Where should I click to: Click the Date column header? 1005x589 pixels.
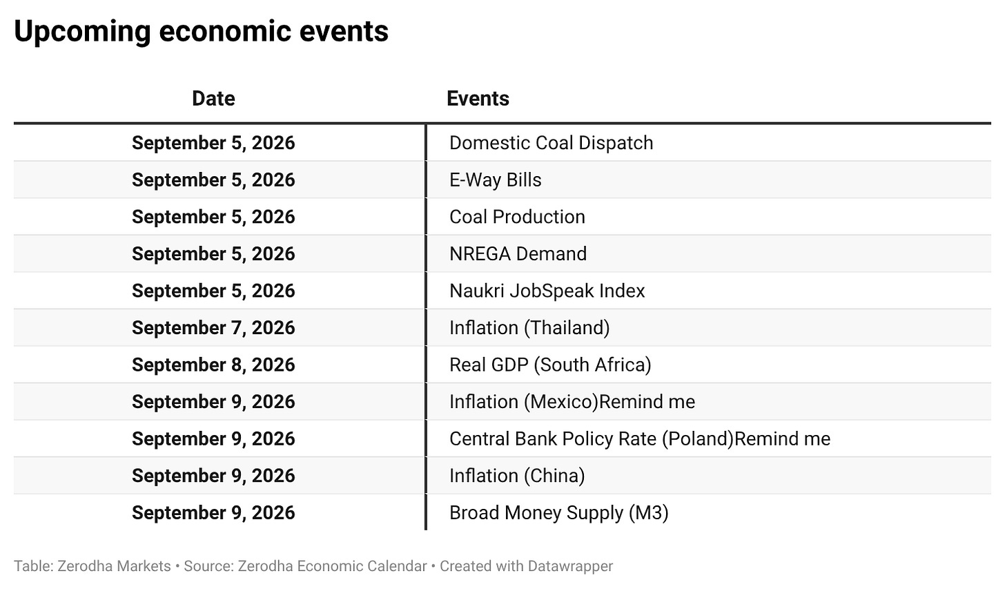(213, 99)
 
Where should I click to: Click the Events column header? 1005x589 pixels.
(478, 99)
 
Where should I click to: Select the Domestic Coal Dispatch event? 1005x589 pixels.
(551, 143)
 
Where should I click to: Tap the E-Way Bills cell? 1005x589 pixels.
(496, 180)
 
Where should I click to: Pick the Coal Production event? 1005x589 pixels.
(517, 217)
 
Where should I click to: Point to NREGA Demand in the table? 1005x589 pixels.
(518, 254)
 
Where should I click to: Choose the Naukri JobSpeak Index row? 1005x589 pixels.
(547, 291)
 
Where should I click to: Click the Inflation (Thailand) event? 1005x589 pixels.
(529, 328)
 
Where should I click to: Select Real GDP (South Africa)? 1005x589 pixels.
(550, 365)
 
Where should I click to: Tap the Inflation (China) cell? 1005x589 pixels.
(517, 476)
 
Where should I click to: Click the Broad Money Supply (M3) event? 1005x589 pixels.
(558, 512)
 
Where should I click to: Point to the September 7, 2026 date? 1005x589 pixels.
(213, 328)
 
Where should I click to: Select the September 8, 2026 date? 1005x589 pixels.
(213, 365)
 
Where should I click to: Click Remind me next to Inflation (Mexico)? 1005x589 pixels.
(647, 402)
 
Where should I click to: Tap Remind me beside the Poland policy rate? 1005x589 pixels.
(783, 439)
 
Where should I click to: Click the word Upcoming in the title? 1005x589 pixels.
(83, 32)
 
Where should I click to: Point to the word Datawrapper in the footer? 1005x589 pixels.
(570, 566)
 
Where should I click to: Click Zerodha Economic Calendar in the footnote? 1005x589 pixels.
(333, 566)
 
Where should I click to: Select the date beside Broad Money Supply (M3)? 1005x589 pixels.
(213, 513)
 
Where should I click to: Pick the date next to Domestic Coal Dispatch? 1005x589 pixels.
(213, 143)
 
